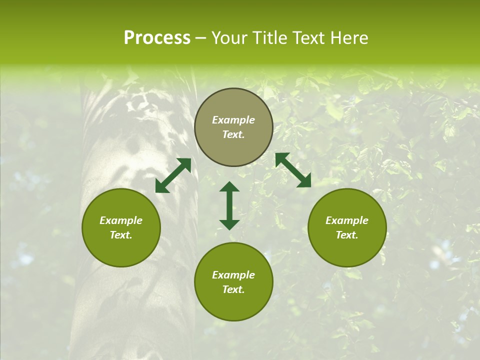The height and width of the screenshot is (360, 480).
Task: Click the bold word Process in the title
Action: (157, 38)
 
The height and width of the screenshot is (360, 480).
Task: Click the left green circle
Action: (121, 227)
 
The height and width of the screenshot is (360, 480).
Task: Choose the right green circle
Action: (347, 227)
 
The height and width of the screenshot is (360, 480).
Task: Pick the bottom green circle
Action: (233, 281)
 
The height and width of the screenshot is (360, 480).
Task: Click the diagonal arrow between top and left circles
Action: (173, 175)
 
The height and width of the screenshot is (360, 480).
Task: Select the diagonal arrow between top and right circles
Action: (293, 170)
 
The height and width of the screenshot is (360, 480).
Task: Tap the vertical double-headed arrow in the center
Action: (229, 205)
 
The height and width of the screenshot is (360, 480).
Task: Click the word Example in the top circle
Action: (233, 120)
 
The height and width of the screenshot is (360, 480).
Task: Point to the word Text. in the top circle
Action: (233, 134)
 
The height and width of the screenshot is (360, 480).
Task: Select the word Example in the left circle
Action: (121, 220)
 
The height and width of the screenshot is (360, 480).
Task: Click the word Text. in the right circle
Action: (347, 235)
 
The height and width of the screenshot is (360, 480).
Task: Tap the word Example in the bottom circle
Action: (233, 275)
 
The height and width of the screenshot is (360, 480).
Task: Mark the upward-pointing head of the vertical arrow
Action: (229, 187)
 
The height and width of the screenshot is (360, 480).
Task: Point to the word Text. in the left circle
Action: (121, 235)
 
